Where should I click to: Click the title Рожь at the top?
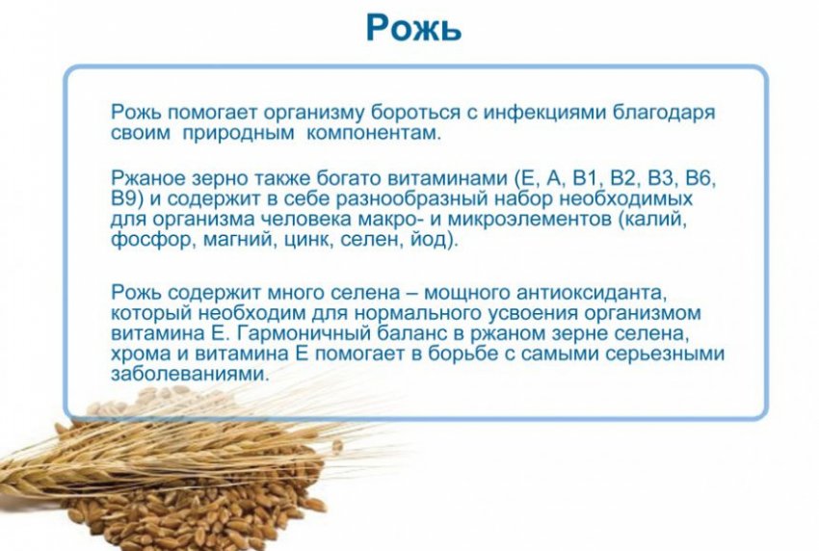click(413, 28)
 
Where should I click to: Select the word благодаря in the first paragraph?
click(663, 114)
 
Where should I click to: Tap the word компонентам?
click(373, 133)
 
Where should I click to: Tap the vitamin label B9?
click(126, 199)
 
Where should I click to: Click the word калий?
click(652, 220)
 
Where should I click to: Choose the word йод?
click(431, 240)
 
